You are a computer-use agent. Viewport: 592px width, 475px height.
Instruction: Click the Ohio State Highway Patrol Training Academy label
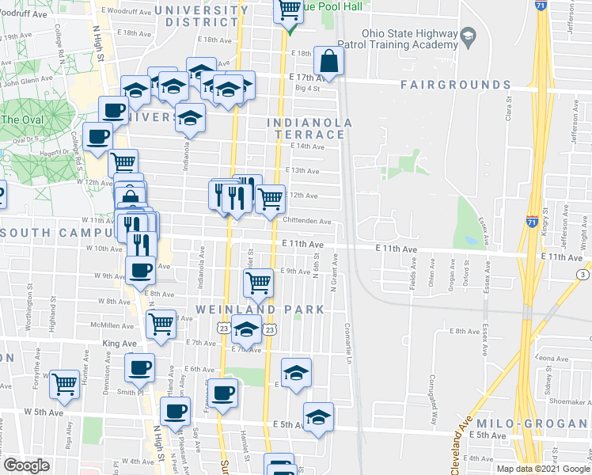(410, 40)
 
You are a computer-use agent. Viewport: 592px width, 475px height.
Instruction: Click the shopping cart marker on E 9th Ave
(258, 283)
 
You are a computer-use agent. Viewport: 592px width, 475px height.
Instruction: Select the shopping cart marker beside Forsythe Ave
(64, 384)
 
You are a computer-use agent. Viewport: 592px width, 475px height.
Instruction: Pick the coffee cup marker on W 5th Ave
(175, 411)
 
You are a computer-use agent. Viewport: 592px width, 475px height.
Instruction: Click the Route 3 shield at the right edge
(583, 274)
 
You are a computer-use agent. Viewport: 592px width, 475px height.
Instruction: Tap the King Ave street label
(116, 344)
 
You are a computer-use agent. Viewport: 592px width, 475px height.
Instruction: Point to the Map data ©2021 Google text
(543, 468)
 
